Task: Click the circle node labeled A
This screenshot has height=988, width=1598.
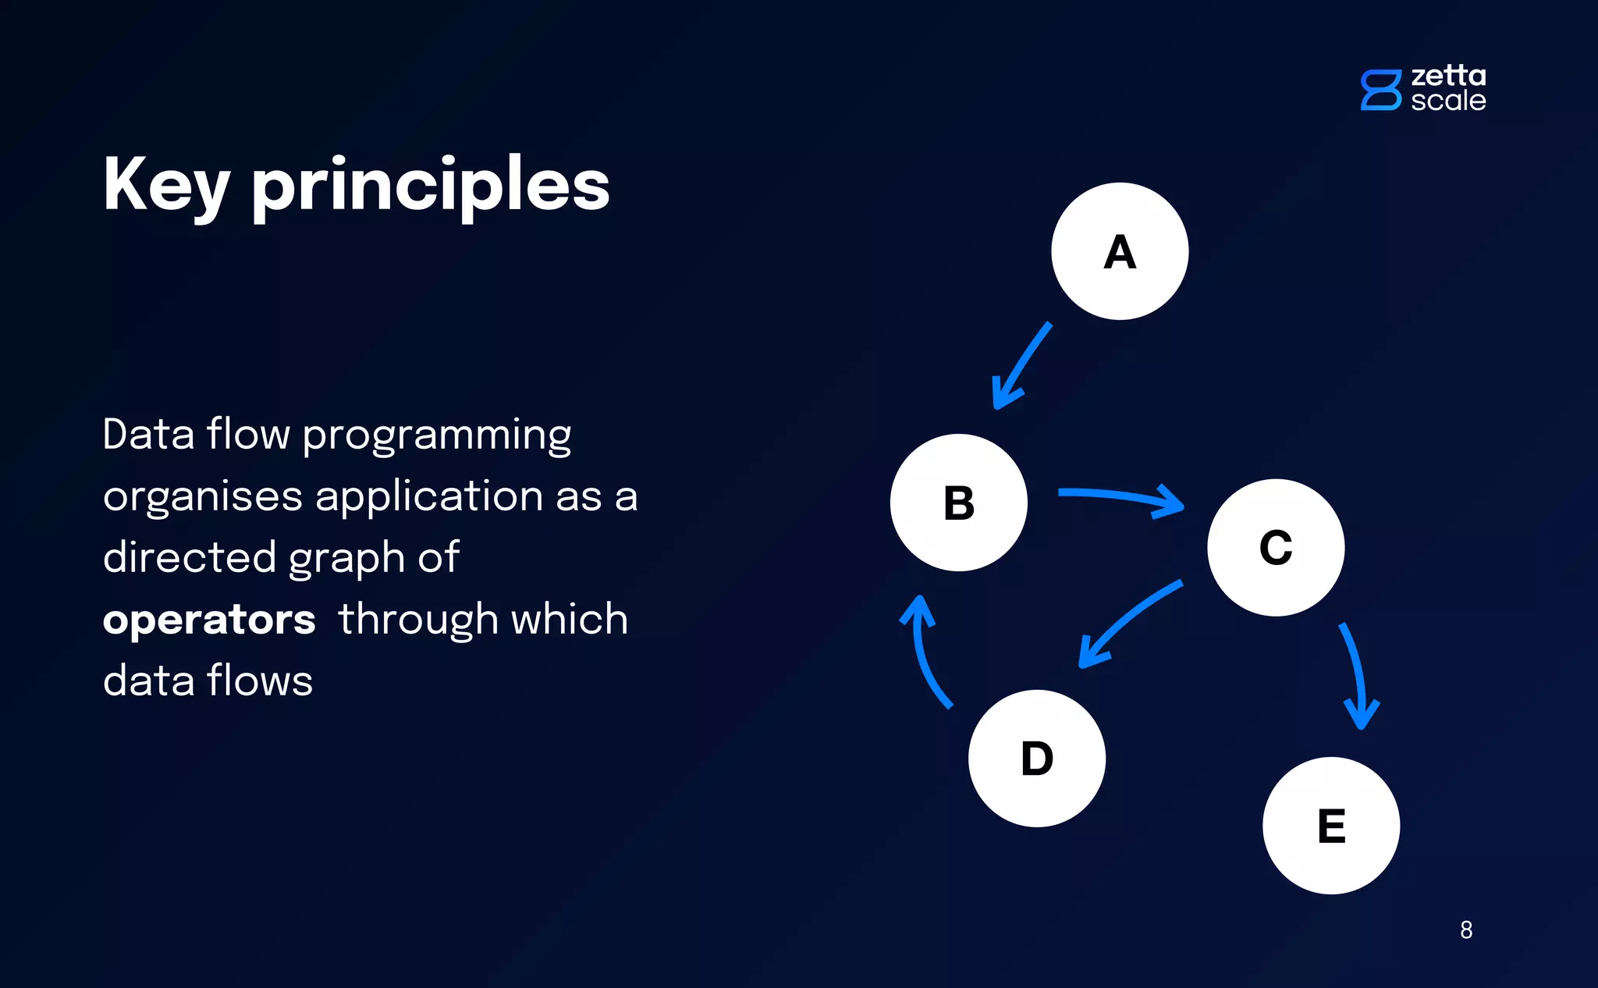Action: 1120,251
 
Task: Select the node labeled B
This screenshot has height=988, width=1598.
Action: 959,503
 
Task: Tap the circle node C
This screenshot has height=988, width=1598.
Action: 1276,547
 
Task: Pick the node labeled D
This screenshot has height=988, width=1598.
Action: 1037,758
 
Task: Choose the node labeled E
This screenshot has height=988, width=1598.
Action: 1331,826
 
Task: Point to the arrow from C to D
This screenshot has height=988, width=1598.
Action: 1127,620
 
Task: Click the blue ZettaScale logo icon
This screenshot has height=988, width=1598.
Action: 1381,90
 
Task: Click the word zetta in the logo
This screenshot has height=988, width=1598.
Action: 1448,76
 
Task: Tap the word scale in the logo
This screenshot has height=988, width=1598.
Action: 1448,101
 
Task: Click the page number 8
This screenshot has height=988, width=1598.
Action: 1466,929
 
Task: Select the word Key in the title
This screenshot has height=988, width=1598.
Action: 165,186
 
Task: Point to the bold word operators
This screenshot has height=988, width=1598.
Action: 209,620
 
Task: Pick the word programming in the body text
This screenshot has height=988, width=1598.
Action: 437,435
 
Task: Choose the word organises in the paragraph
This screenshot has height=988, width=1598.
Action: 203,497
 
